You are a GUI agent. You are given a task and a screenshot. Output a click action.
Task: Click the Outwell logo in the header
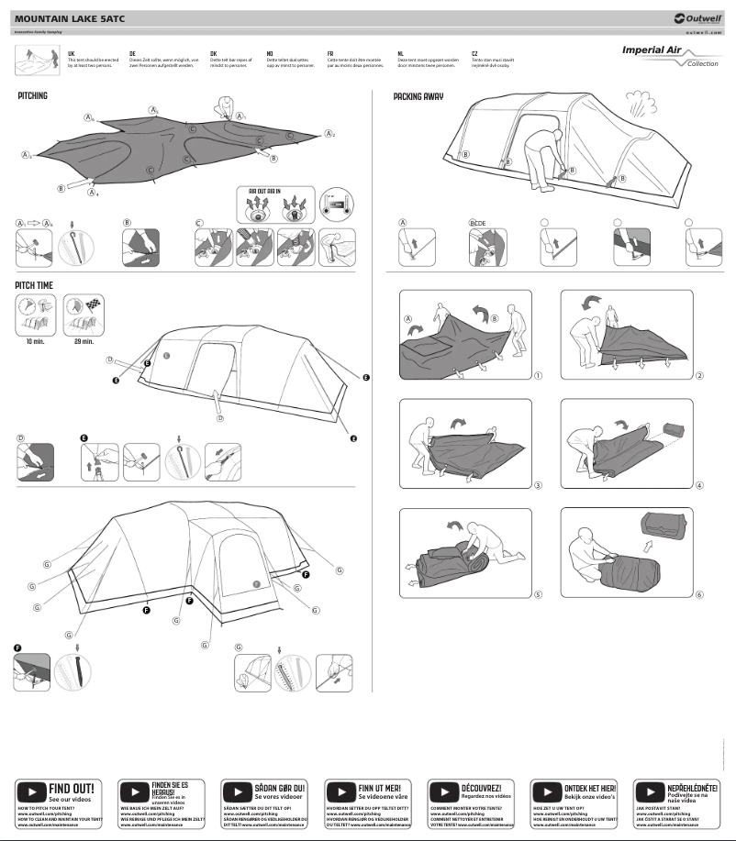click(697, 17)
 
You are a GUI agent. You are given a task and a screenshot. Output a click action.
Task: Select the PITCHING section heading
click(33, 95)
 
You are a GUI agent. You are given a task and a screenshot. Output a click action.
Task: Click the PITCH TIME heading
click(34, 285)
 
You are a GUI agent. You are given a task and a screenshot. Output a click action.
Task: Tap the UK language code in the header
click(71, 54)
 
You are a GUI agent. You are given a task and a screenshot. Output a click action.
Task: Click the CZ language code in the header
click(474, 54)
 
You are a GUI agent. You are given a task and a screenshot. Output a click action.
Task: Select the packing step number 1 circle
click(539, 375)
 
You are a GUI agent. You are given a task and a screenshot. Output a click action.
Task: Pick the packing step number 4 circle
click(699, 485)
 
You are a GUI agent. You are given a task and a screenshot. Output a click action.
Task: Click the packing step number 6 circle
click(699, 594)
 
